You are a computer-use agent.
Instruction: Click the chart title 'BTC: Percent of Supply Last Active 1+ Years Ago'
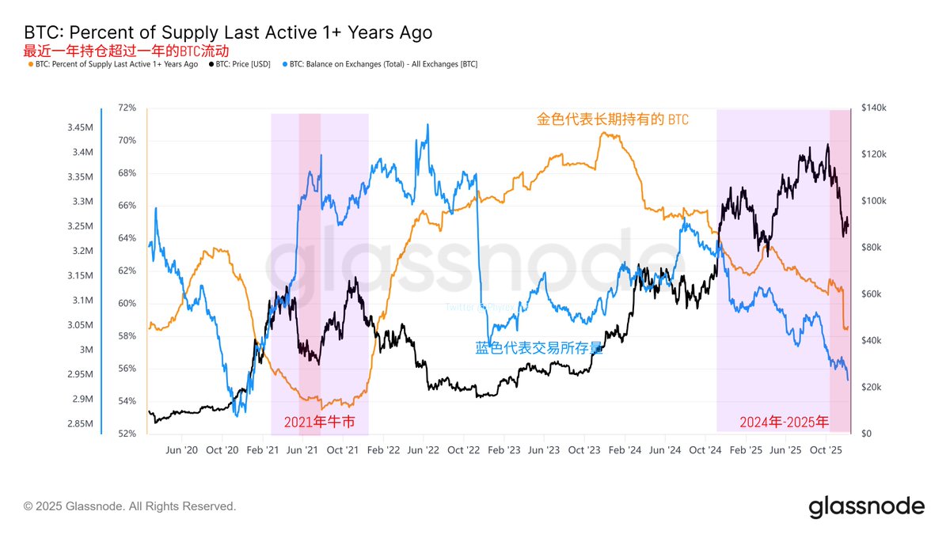(228, 32)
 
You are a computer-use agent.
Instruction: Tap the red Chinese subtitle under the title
(127, 51)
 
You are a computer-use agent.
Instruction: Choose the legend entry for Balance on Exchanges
(383, 64)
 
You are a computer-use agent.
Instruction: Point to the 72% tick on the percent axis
(127, 108)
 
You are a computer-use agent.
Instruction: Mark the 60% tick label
(127, 304)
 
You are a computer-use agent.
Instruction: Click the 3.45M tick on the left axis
(79, 127)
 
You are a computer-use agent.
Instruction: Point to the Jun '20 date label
(181, 450)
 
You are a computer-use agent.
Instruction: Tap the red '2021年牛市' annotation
(319, 422)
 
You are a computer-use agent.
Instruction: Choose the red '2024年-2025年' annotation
(785, 422)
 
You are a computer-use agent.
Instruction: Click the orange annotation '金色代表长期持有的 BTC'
(612, 120)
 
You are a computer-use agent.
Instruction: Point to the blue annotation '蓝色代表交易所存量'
(539, 347)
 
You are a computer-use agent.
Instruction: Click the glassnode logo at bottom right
(866, 506)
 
